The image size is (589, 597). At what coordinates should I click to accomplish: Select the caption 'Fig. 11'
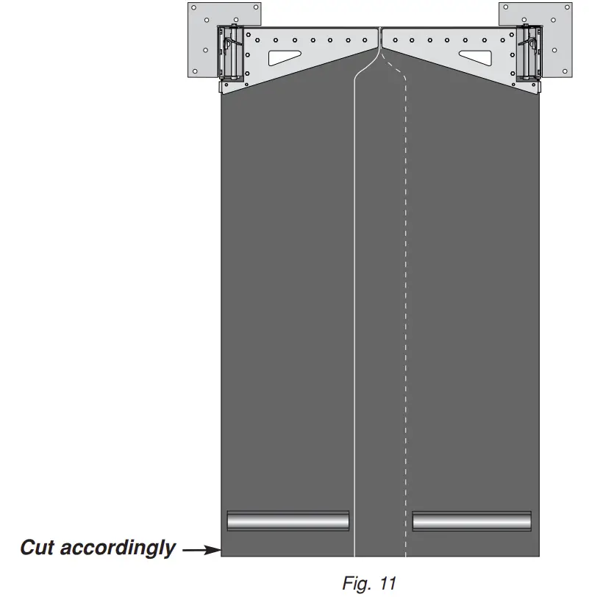(369, 583)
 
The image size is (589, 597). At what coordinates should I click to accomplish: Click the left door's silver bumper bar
(288, 521)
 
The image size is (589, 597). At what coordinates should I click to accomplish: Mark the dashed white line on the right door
(405, 294)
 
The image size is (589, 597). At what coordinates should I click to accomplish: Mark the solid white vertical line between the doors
(354, 294)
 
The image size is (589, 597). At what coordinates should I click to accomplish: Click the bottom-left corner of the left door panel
(222, 556)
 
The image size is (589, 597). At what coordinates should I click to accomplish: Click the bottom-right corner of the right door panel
(539, 556)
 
